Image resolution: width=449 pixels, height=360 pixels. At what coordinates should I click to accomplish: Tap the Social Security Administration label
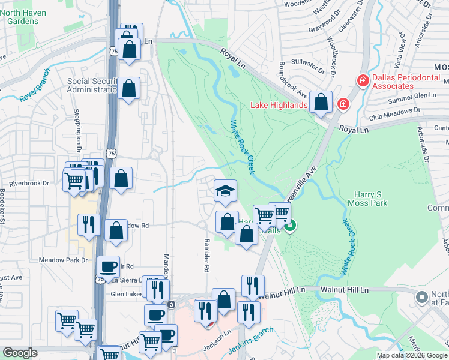click(x=91, y=85)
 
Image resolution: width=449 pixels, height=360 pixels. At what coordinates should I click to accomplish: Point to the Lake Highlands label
click(x=279, y=106)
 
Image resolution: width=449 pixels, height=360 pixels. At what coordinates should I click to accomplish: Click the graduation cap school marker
click(x=226, y=191)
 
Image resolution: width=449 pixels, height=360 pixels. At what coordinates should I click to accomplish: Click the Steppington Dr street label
click(x=77, y=131)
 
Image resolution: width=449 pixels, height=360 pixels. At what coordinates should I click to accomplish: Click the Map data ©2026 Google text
click(x=411, y=355)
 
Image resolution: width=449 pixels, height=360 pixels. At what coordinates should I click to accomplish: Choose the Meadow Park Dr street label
click(x=63, y=260)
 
